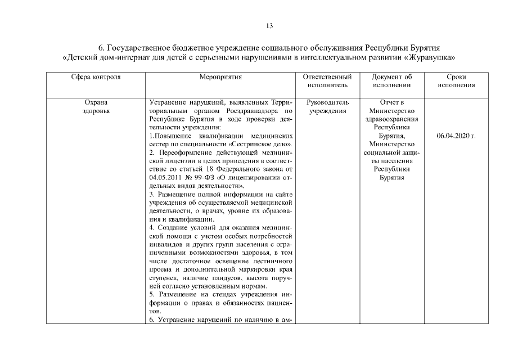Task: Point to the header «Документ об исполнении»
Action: tap(392, 80)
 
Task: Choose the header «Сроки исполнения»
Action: tap(456, 80)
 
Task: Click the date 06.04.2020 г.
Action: tap(456, 136)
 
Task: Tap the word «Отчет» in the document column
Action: tap(388, 103)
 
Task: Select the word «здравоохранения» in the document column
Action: tap(392, 119)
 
